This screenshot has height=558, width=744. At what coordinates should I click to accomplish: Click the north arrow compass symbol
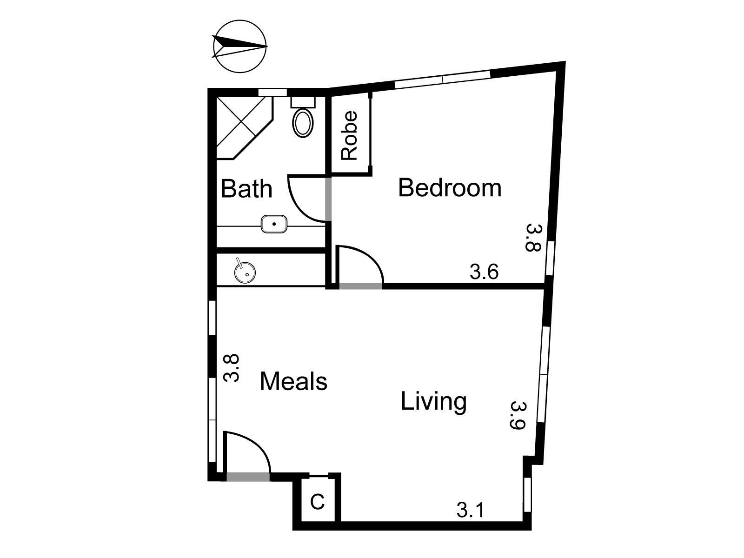tap(239, 46)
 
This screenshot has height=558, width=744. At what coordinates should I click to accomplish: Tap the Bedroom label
tap(450, 188)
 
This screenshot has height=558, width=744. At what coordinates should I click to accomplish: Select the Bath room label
tap(246, 189)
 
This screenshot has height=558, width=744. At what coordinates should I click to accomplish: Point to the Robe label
tap(350, 135)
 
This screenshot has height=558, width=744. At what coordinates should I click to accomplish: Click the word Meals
tap(293, 381)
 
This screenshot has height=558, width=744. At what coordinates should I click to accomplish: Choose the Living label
tap(433, 401)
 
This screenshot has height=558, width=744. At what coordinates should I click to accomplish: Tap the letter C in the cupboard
tap(317, 502)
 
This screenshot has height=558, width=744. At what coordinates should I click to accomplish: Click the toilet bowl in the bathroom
tap(303, 123)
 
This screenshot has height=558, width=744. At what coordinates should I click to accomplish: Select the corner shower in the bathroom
tap(245, 128)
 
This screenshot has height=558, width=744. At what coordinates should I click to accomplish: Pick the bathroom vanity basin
tap(274, 224)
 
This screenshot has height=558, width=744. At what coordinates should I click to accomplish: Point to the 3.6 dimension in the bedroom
tap(484, 272)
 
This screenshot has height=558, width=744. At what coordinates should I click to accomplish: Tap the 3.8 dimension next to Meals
tap(232, 368)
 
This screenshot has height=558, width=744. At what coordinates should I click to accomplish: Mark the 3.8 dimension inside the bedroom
tap(533, 237)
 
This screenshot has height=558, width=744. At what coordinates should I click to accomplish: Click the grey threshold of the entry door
tap(248, 477)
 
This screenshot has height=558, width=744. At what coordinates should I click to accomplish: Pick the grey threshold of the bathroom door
tap(328, 199)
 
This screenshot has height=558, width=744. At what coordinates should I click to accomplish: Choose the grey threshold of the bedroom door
tap(361, 286)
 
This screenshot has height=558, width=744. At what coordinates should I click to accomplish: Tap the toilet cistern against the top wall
tap(303, 102)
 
